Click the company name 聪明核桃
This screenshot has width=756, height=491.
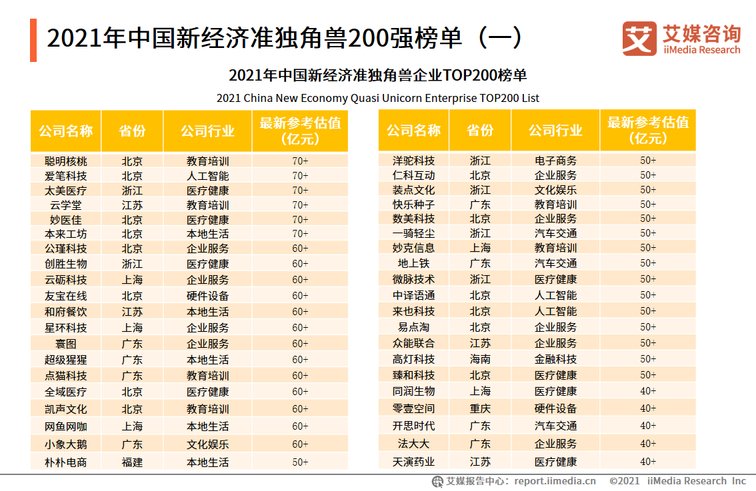(x=65, y=161)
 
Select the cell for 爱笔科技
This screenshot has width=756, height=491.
(x=65, y=176)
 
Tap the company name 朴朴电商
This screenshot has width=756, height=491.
(x=65, y=462)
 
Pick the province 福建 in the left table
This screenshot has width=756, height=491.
(x=132, y=462)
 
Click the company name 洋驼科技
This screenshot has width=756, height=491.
(x=413, y=161)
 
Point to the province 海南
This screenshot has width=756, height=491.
(x=480, y=359)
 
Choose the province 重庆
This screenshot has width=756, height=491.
(x=480, y=408)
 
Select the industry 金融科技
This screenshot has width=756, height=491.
(x=555, y=359)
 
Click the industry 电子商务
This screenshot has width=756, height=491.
(x=555, y=161)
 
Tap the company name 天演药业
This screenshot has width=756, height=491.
(x=413, y=461)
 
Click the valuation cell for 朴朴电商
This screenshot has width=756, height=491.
(x=300, y=462)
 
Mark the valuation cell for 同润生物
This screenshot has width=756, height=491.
(x=648, y=391)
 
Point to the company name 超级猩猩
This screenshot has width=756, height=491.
(x=65, y=360)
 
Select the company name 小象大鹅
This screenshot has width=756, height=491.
(x=65, y=444)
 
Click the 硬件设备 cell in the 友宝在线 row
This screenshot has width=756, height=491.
(x=207, y=296)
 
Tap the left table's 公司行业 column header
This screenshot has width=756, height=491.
(x=207, y=131)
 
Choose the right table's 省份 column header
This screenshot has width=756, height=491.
(x=480, y=130)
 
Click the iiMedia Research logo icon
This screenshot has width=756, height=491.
(x=639, y=39)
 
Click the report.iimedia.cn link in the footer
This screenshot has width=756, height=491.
(x=555, y=481)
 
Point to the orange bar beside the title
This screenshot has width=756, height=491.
(x=33, y=40)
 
